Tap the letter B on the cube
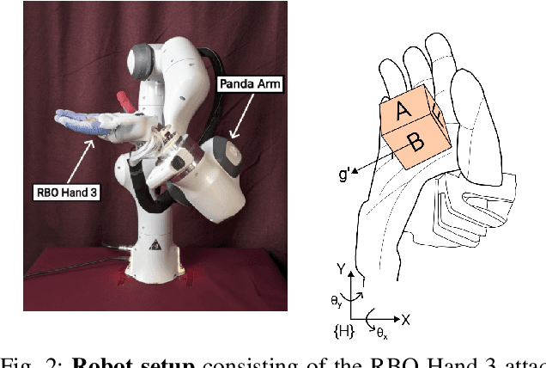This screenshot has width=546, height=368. tap(416, 144)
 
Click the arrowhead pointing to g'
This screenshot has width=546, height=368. tap(364, 173)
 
